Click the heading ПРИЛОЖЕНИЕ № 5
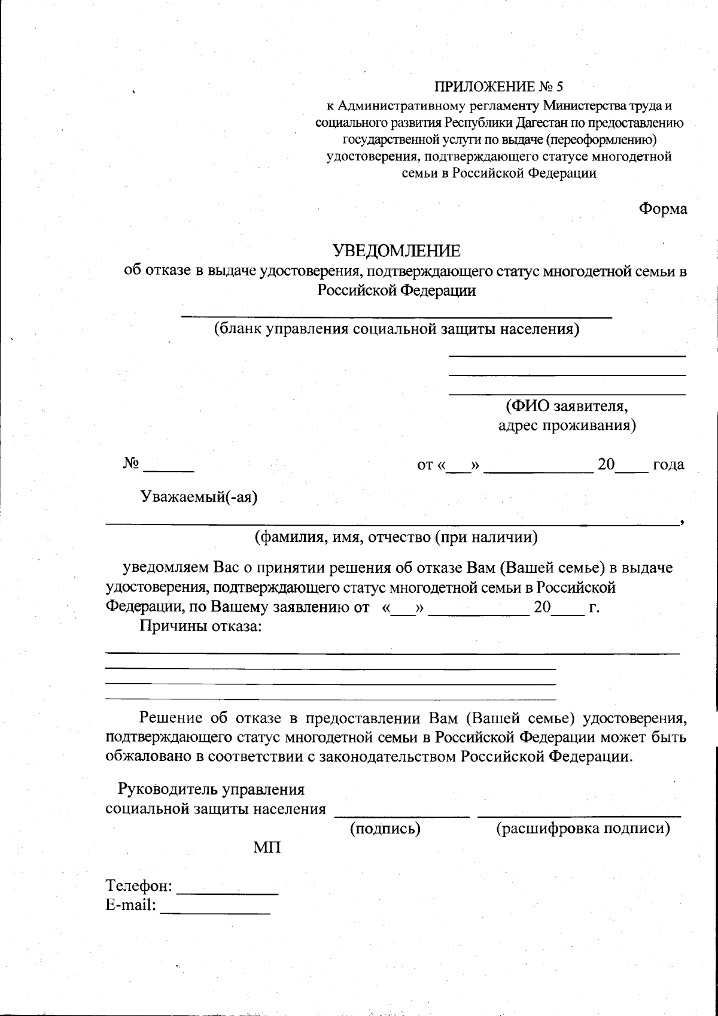click(x=498, y=87)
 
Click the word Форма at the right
click(x=662, y=209)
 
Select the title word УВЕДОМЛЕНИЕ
click(x=397, y=250)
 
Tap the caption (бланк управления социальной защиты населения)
click(x=397, y=329)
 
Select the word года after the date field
click(x=668, y=465)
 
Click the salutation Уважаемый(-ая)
click(x=199, y=497)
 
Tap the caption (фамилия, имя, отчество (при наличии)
click(x=396, y=537)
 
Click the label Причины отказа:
click(x=201, y=627)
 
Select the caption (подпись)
click(x=385, y=829)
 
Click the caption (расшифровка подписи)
click(x=583, y=829)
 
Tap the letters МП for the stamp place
click(x=267, y=848)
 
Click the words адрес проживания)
click(x=567, y=426)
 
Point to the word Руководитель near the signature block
click(x=168, y=790)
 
